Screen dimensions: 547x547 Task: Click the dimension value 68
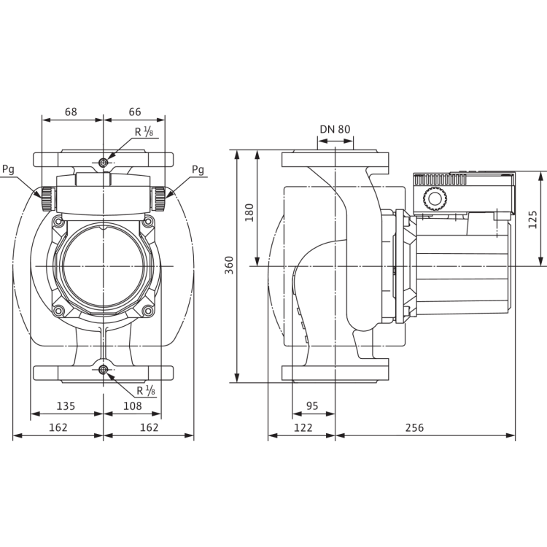point(71,112)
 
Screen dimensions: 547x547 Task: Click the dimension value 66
point(135,112)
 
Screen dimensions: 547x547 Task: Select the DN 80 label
point(335,129)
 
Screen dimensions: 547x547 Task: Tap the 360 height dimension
point(229,265)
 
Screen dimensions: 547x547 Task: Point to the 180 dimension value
point(249,212)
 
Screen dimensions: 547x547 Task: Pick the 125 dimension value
point(532,220)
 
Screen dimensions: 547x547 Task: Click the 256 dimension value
point(414,427)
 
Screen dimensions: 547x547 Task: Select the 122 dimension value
point(303,427)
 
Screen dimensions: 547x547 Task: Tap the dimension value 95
point(312,406)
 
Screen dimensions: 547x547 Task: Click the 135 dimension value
point(66,406)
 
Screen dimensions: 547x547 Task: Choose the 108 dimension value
point(133,406)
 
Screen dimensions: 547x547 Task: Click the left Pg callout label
point(8,169)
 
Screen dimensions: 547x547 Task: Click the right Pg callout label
point(198,169)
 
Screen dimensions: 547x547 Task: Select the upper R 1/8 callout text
point(144,131)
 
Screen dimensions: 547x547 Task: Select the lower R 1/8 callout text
point(146,390)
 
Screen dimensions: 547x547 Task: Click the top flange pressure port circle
point(104,162)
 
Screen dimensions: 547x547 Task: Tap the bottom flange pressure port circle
point(104,370)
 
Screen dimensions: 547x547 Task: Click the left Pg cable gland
point(48,199)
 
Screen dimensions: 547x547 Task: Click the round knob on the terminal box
point(435,199)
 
